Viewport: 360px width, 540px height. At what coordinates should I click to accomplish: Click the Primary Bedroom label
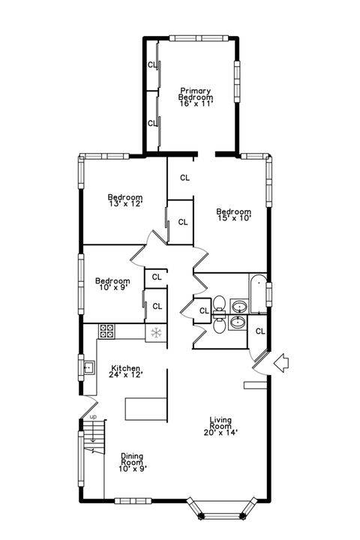(196, 97)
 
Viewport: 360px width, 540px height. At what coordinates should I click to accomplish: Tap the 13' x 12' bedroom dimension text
(125, 202)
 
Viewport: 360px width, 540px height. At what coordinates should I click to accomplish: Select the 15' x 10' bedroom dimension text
(233, 218)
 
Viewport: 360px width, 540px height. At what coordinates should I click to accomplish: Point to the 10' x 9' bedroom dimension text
(112, 288)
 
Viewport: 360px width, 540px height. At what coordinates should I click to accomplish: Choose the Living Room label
(220, 427)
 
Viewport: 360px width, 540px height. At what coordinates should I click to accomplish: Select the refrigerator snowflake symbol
(156, 332)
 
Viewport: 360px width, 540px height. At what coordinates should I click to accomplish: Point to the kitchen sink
(88, 367)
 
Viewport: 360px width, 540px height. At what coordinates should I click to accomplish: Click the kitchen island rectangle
(145, 409)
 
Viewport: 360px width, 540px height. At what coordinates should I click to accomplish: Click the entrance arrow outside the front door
(283, 364)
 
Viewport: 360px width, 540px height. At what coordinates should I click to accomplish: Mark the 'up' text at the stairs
(93, 417)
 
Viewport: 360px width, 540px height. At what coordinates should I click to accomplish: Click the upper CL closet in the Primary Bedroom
(152, 64)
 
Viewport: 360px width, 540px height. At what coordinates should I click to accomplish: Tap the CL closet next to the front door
(260, 331)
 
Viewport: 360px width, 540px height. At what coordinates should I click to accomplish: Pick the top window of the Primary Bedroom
(198, 37)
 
